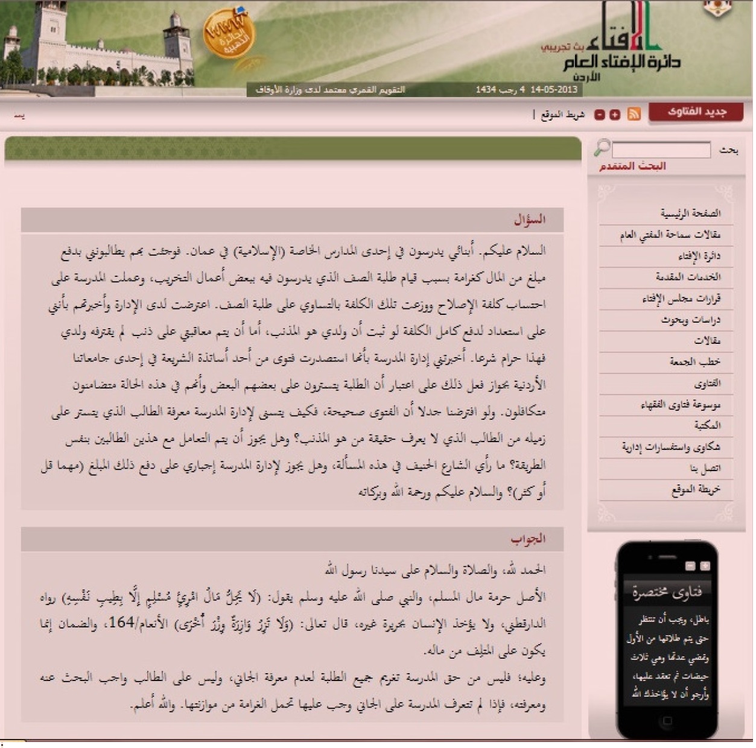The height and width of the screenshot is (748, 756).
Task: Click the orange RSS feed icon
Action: coord(634,114)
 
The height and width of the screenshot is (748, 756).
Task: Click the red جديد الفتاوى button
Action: coord(696,112)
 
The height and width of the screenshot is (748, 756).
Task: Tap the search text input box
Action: coord(661,150)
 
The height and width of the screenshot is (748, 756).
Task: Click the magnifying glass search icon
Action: coord(602,147)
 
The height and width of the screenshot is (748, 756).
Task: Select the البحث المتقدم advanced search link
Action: coord(632,166)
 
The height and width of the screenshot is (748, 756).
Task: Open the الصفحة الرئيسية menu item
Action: coord(690,213)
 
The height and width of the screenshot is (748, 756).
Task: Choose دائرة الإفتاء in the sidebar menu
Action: coord(699,256)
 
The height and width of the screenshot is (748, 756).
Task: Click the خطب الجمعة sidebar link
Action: coord(694,362)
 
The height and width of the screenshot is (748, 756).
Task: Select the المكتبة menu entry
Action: coord(707,425)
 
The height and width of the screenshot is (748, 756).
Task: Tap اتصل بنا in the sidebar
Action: coord(705,468)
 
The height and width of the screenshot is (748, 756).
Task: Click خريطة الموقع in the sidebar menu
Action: coord(696,489)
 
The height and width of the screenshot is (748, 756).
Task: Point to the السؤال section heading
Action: coord(529,220)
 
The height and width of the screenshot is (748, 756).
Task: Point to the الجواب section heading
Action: coord(528,539)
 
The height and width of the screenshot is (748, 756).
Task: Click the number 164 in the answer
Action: coord(121,623)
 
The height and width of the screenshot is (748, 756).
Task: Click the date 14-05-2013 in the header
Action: coord(554,90)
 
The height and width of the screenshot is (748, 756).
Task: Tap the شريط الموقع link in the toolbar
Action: coord(562,115)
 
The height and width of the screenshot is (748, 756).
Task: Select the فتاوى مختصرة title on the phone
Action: coord(667,592)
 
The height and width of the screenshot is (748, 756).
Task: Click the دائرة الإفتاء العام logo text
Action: coord(621,62)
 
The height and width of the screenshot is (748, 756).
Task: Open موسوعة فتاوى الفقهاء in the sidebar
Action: coord(680,404)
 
